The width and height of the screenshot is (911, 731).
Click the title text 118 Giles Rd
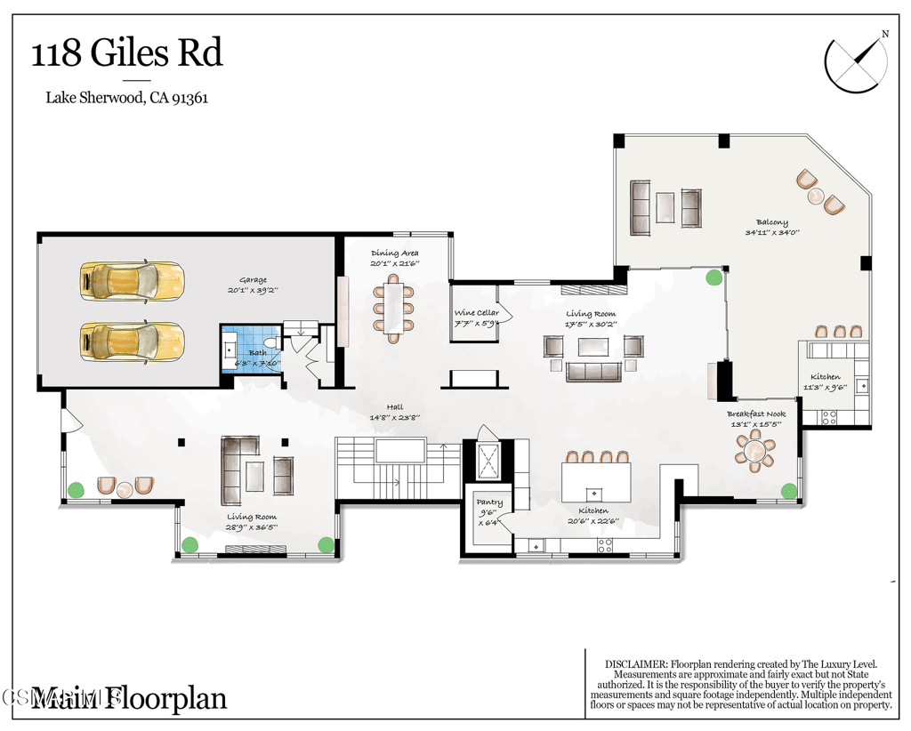pyautogui.click(x=127, y=53)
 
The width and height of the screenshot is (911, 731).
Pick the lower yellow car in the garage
pyautogui.click(x=132, y=340)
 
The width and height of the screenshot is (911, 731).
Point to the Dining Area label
pyautogui.click(x=395, y=253)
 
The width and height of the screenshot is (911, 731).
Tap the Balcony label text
pyautogui.click(x=771, y=222)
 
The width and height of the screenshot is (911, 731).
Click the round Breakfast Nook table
pyautogui.click(x=755, y=452)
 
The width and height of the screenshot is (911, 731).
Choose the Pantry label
pyautogui.click(x=489, y=502)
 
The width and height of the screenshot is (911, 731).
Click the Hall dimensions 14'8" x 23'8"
pyautogui.click(x=394, y=417)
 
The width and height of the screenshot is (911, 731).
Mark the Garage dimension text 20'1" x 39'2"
pyautogui.click(x=253, y=290)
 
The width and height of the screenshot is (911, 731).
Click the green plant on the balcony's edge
pyautogui.click(x=713, y=277)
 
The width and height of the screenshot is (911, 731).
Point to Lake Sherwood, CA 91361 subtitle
pyautogui.click(x=127, y=99)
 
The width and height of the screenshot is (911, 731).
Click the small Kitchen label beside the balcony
pyautogui.click(x=825, y=377)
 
